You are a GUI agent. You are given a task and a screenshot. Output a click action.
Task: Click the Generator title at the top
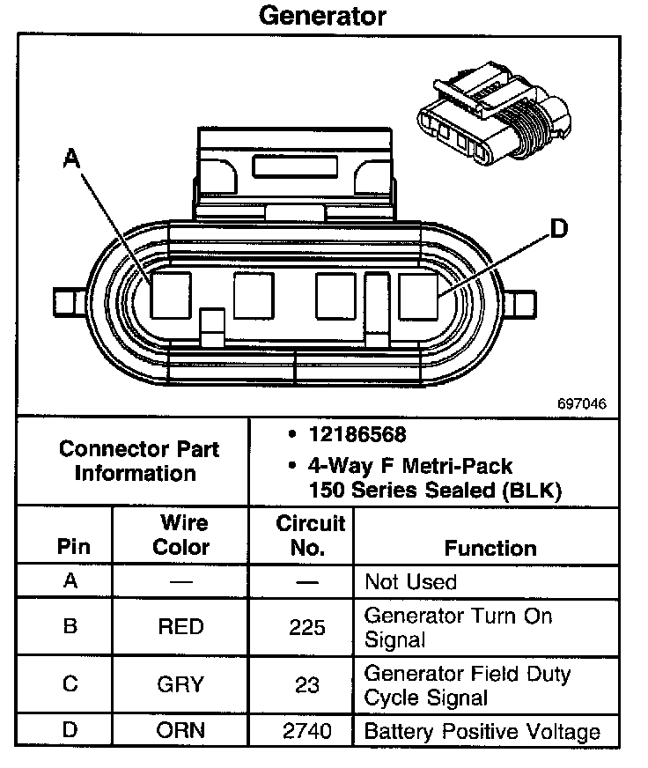322,16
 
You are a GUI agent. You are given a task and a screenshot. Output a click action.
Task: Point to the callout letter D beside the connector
557,230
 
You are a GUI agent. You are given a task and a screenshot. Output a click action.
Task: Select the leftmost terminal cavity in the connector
171,295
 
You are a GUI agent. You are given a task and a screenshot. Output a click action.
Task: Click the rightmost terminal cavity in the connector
418,296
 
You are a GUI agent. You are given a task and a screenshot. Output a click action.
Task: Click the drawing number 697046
581,404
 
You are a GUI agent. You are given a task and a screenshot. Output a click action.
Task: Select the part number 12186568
357,435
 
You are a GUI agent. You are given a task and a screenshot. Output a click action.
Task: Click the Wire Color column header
181,535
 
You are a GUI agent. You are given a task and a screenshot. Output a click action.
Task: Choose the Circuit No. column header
310,535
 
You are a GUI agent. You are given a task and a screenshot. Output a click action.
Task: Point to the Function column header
490,548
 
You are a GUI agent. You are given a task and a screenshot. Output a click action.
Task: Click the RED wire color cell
180,627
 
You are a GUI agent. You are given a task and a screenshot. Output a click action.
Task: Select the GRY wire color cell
180,684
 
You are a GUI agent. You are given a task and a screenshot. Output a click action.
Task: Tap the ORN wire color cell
180,731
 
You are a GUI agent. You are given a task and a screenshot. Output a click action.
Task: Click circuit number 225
307,627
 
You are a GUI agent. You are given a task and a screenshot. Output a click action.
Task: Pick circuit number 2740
307,731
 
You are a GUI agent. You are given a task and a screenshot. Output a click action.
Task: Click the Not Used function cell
410,582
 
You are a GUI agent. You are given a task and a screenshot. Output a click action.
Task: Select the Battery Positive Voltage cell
482,731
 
